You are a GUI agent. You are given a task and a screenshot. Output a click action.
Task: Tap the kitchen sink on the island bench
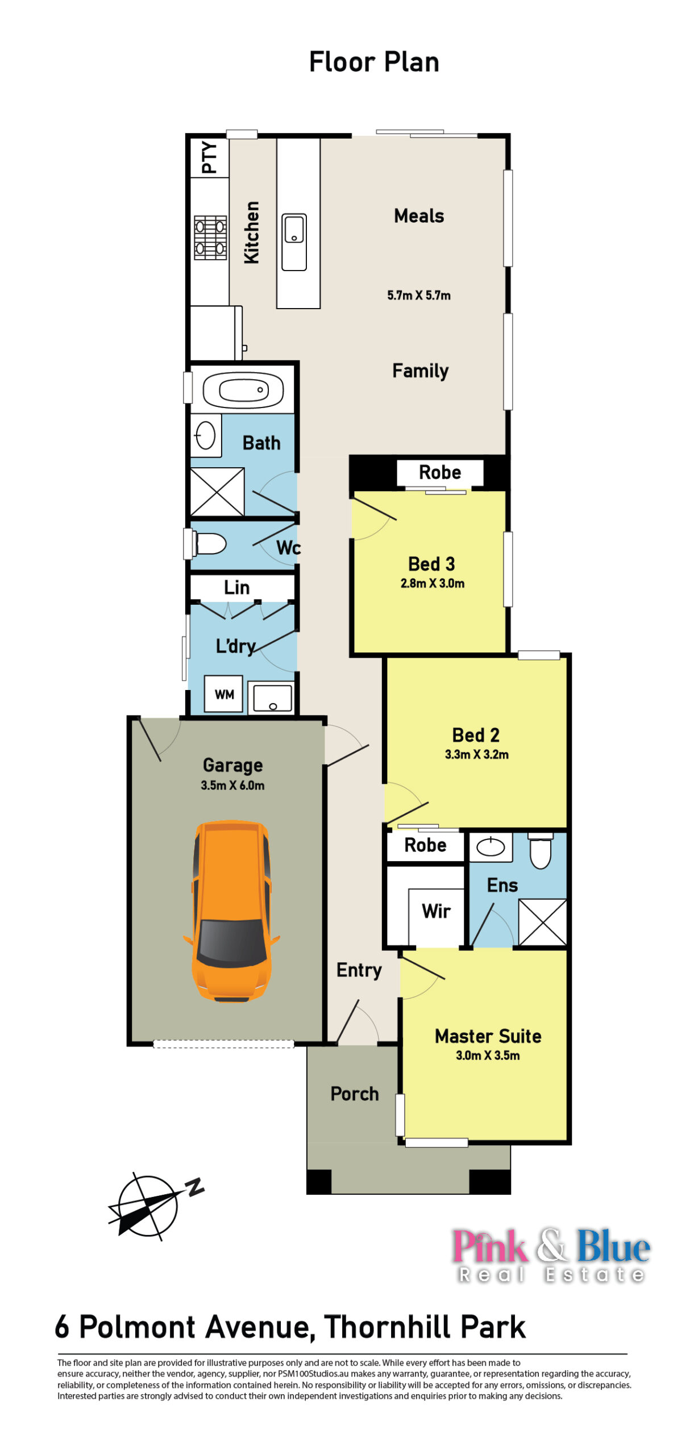coord(294,242)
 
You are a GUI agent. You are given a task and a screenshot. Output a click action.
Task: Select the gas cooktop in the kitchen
coord(210,238)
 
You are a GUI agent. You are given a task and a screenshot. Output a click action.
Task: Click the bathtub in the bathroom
coord(243,390)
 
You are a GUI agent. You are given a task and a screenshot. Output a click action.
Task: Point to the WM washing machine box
coord(224,694)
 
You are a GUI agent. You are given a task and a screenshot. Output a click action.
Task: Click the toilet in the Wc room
coord(209,544)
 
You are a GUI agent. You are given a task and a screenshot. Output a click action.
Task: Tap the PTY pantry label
coord(209,157)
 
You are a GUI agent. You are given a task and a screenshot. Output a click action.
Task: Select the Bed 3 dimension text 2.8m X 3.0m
coord(433,583)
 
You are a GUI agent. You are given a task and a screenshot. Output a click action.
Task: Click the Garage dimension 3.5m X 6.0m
coord(232,785)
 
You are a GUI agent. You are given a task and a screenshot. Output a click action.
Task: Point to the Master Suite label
coord(488,1036)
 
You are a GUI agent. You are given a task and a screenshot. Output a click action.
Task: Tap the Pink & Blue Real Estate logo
coord(551,1254)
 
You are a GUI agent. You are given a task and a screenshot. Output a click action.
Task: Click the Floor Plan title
coord(374,62)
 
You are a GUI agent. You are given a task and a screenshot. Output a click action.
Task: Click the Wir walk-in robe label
coord(436,911)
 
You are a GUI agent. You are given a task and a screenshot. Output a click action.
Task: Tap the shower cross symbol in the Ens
coord(543,922)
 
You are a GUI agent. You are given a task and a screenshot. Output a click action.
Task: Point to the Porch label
coord(355,1094)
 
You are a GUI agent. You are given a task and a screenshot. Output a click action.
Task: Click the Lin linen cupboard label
coord(236,587)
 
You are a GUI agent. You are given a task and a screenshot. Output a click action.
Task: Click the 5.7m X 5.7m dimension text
coord(419,296)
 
